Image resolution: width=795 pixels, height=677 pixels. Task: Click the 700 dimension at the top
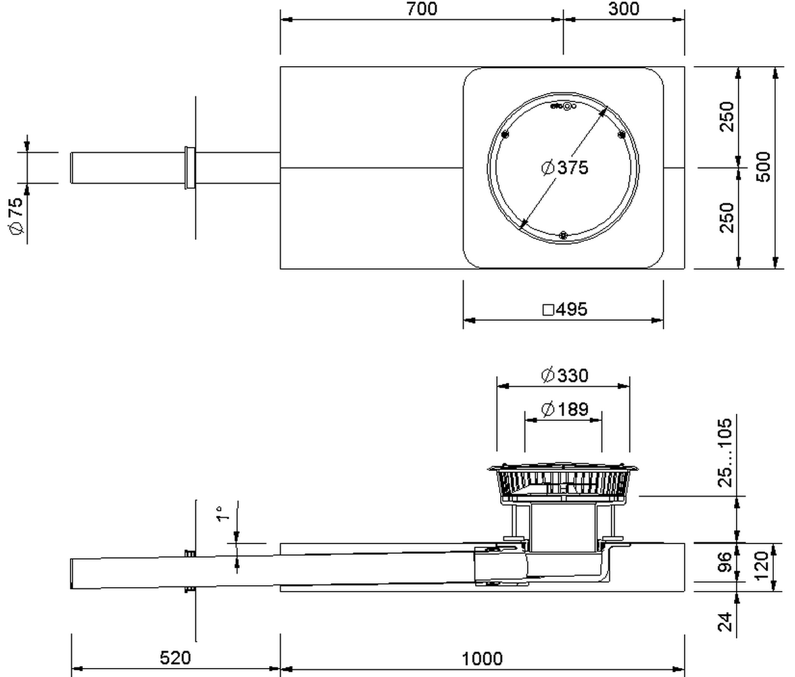[x=422, y=9]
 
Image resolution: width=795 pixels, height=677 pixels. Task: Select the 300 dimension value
[x=624, y=8]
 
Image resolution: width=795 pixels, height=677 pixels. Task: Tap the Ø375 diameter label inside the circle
[x=565, y=168]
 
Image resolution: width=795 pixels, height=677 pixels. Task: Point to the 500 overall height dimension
[x=764, y=167]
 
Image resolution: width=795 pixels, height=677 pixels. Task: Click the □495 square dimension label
[x=565, y=309]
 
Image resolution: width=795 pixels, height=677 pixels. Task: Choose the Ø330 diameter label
[x=565, y=375]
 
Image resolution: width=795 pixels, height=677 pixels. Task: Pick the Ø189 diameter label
[x=565, y=409]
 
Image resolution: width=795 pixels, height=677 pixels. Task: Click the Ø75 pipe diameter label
[x=16, y=216]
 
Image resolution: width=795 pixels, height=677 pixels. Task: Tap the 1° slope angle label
[x=222, y=513]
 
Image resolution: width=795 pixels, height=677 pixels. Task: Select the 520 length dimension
[x=175, y=658]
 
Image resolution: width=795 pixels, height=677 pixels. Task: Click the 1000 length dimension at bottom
[x=482, y=658]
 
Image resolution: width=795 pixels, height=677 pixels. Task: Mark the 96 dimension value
[x=725, y=562]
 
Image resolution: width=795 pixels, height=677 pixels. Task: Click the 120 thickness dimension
[x=762, y=566]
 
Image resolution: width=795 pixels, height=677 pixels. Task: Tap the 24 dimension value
[x=725, y=622]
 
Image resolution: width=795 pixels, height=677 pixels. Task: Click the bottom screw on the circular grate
[x=564, y=235]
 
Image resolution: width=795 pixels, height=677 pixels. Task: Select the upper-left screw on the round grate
[x=505, y=134]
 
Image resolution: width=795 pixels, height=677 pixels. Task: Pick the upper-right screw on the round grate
[x=621, y=134]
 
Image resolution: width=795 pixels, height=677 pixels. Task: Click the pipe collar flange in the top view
[x=190, y=168]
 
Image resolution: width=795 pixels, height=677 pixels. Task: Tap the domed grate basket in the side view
[x=564, y=483]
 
